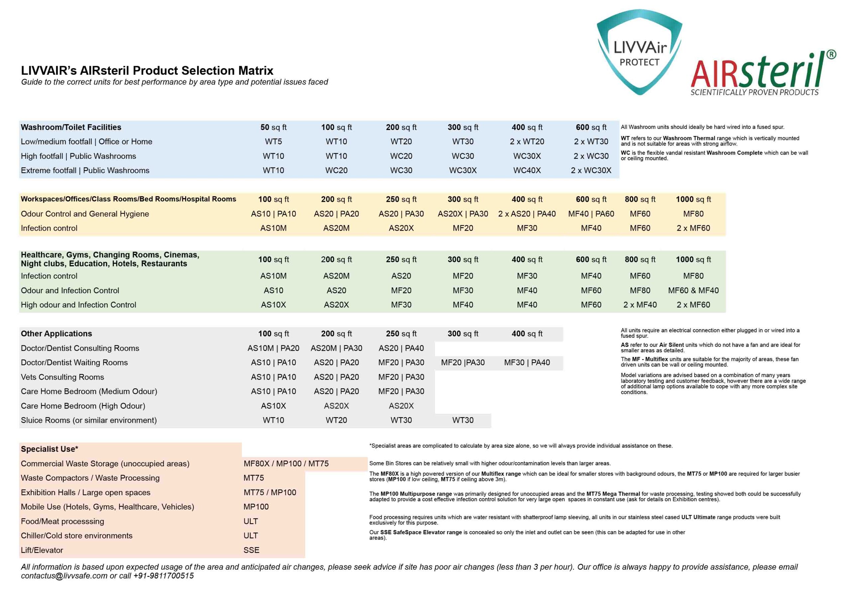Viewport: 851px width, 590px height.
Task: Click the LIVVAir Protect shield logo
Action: click(639, 52)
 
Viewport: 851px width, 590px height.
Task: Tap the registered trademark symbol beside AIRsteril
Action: click(831, 55)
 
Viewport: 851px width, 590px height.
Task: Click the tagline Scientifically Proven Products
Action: click(754, 92)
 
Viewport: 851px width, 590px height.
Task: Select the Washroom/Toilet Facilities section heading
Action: click(71, 127)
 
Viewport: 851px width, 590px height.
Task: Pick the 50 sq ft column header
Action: click(273, 127)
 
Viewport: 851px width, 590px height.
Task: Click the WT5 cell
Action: click(273, 142)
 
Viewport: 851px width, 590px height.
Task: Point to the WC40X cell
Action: click(527, 171)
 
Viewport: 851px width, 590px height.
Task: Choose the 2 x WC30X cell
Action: click(591, 171)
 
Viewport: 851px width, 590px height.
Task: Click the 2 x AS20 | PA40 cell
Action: click(527, 214)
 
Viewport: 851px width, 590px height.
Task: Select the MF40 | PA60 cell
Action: click(591, 214)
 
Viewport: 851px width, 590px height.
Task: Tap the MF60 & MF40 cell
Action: click(693, 291)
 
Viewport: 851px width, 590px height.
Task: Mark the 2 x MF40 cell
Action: click(640, 305)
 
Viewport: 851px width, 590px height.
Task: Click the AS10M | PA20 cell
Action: click(273, 348)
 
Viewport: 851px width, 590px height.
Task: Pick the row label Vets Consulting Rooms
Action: click(62, 377)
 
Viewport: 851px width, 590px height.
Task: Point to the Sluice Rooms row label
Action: click(89, 420)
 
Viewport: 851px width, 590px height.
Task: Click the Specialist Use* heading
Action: click(50, 449)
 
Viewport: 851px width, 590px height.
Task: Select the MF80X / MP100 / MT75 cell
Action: click(286, 464)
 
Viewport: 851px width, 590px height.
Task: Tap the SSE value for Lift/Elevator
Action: click(251, 550)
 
